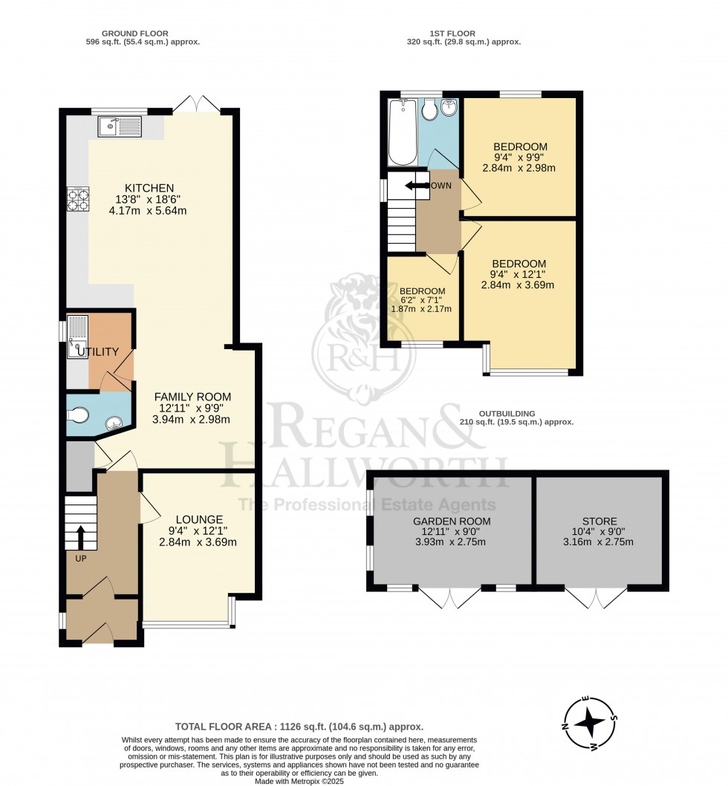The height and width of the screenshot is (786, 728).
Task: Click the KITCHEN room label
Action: [149, 188]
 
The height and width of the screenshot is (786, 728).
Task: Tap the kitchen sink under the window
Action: [120, 127]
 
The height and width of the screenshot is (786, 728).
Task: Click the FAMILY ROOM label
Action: [192, 397]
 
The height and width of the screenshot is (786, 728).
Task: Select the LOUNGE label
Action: [199, 520]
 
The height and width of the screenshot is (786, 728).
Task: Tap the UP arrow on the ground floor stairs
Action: [80, 537]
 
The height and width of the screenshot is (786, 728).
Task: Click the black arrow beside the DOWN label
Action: [416, 186]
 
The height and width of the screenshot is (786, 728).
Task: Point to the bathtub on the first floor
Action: [403, 131]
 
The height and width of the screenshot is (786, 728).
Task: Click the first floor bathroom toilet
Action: [429, 109]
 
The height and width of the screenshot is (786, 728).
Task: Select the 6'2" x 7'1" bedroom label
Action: [422, 299]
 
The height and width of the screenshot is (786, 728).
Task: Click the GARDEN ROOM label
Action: [452, 522]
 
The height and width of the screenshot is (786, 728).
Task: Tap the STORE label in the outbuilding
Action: [599, 522]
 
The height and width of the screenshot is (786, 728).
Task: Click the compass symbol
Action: [590, 722]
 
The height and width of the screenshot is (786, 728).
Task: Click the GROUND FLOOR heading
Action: [135, 33]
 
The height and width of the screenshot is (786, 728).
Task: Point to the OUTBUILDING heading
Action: [507, 414]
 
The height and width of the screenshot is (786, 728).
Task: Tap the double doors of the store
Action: [596, 597]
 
